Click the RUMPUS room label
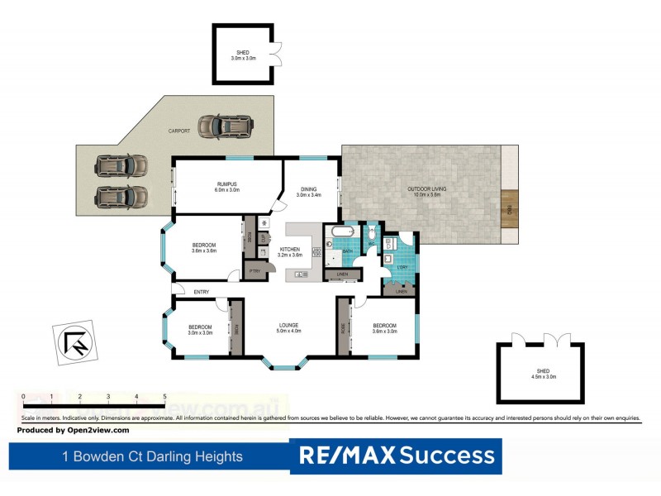pyautogui.click(x=227, y=185)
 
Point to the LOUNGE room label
pyautogui.click(x=289, y=327)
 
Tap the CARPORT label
pyautogui.click(x=179, y=131)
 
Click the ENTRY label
pyautogui.click(x=202, y=292)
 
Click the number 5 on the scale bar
pyautogui.click(x=164, y=397)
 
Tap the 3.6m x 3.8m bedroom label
pyautogui.click(x=204, y=248)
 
